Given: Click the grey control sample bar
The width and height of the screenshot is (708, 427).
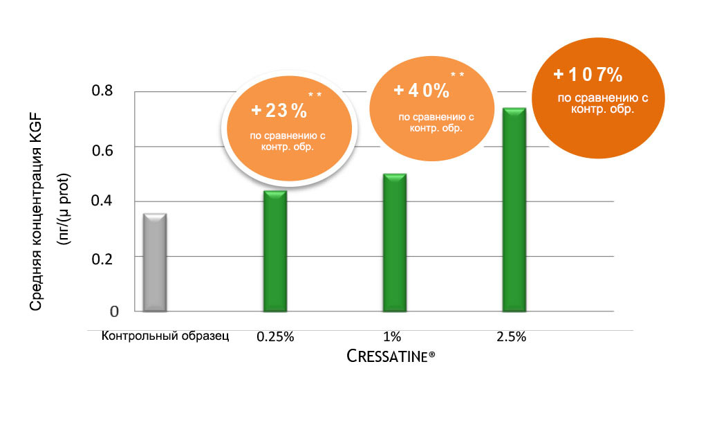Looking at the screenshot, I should point(154,263).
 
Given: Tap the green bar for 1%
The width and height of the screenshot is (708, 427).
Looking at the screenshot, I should point(394,243).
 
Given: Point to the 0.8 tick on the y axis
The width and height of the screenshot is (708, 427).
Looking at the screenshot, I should point(104,91).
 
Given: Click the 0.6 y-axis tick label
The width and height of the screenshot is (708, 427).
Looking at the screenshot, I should point(104,147).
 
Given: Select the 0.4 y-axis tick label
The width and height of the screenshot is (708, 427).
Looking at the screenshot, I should point(104,201).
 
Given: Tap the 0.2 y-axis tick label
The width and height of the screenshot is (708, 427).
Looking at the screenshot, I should point(104,257).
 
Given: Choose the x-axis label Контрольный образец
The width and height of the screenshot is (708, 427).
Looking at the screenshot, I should point(165,336).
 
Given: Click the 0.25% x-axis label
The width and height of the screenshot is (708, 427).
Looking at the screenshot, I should point(275,337).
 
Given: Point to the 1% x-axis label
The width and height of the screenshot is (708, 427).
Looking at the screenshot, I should point(392,337).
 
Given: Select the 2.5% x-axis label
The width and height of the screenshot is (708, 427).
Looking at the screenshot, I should point(512,337).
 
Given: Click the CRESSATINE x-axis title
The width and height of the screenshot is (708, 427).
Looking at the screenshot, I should point(391,357).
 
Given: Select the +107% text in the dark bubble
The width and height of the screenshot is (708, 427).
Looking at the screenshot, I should point(588,74).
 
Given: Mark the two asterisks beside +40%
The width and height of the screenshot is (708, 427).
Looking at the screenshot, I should point(457,75).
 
